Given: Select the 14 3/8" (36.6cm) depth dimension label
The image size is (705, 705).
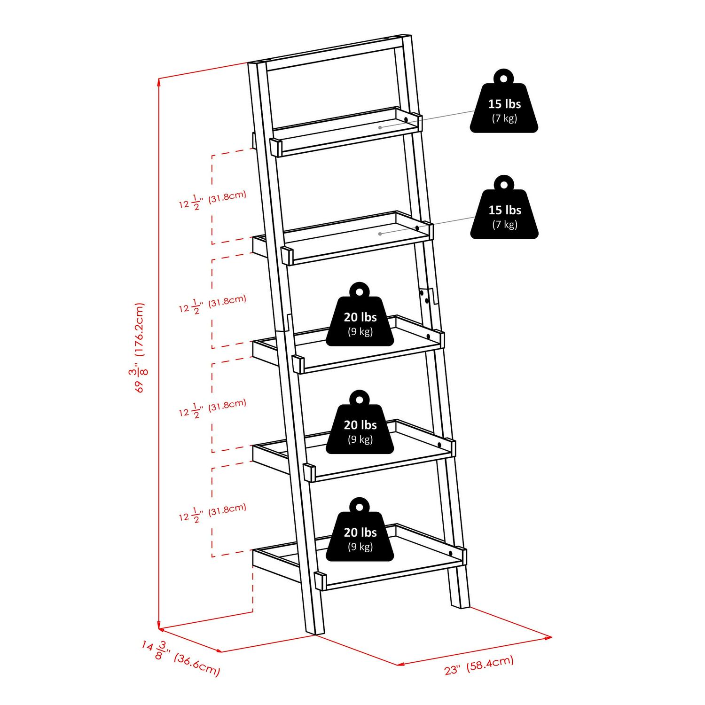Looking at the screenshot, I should [181, 658].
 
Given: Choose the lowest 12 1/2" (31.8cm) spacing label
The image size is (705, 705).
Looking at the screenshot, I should [212, 512].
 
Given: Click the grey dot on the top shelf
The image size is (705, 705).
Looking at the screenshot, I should [380, 127].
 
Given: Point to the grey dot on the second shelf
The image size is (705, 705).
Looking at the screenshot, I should [380, 233].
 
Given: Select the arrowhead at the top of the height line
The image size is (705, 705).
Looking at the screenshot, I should [159, 81].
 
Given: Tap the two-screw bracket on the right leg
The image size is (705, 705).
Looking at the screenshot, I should [427, 297].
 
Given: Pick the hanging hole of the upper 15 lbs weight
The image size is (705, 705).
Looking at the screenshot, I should [504, 78].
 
